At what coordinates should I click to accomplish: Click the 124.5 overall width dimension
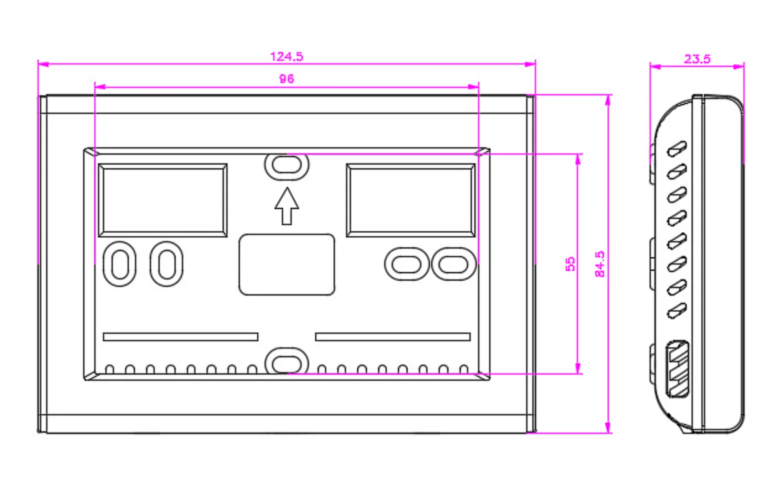click(x=286, y=56)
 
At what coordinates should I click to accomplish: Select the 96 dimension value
click(x=286, y=79)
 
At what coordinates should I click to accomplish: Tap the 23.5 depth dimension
click(x=697, y=59)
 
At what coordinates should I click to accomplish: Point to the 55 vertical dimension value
click(x=570, y=264)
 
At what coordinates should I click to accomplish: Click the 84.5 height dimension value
click(x=600, y=264)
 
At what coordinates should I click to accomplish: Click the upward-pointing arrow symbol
click(x=287, y=206)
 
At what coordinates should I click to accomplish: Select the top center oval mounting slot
click(x=287, y=165)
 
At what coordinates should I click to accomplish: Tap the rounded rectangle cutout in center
click(x=287, y=265)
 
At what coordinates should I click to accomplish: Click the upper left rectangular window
click(x=163, y=200)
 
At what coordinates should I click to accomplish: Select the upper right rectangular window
click(x=411, y=200)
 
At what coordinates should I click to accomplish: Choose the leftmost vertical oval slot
click(x=119, y=264)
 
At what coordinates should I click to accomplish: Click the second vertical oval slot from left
click(x=166, y=264)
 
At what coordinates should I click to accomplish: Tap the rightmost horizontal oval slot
click(x=453, y=264)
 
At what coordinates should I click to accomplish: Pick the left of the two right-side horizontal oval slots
click(x=406, y=264)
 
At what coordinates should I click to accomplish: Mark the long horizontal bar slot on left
click(x=180, y=337)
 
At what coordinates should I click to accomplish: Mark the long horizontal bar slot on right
click(x=393, y=337)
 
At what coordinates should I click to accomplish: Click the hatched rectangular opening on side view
click(x=677, y=369)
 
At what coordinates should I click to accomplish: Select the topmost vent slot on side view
click(x=677, y=148)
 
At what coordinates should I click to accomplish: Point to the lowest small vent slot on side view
click(x=677, y=311)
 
